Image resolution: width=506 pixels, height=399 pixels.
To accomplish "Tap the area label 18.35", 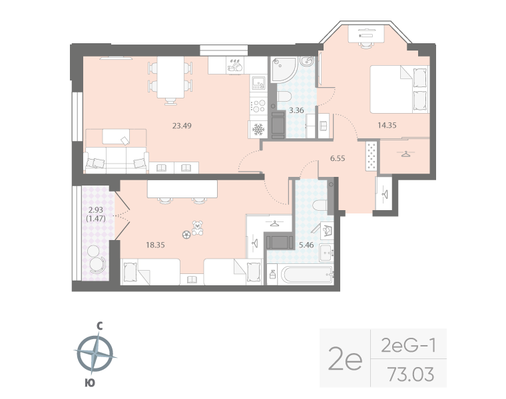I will point(155,245).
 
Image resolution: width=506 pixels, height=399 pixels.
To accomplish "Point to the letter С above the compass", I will point(98,327).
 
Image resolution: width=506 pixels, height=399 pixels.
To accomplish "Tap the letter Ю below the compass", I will point(90,382).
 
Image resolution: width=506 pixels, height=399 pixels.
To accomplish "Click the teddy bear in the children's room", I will point(198,228).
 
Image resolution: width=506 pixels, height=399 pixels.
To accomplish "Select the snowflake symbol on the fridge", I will point(258,129).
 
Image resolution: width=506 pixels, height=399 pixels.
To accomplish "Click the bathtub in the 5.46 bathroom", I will point(299,274).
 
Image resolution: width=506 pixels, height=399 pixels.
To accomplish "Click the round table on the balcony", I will point(97,263).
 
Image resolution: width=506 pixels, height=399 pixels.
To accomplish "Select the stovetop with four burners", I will point(258,105).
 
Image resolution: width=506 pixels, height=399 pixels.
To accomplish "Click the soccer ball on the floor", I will point(186,234).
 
